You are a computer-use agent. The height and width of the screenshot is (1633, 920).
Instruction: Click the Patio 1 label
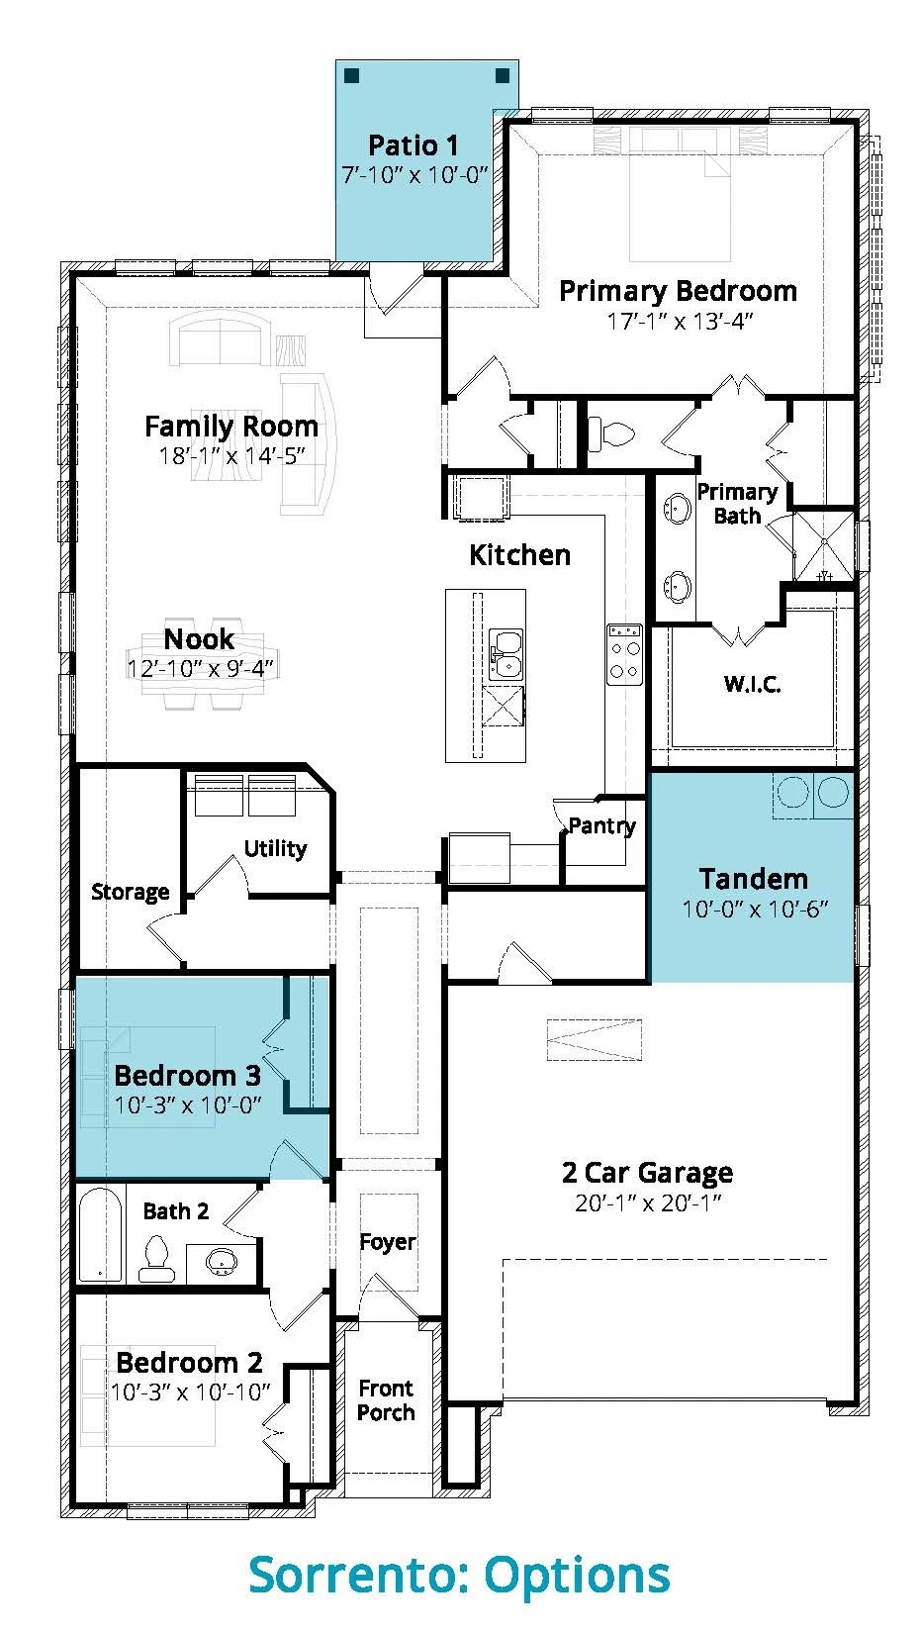pyautogui.click(x=414, y=145)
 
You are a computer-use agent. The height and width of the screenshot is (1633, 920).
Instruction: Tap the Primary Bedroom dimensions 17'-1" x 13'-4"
pyautogui.click(x=680, y=322)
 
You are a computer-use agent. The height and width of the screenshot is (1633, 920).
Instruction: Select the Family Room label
pyautogui.click(x=231, y=427)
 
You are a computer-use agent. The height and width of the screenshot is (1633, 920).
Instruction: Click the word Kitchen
pyautogui.click(x=519, y=555)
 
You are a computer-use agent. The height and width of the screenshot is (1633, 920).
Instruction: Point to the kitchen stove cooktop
pyautogui.click(x=624, y=654)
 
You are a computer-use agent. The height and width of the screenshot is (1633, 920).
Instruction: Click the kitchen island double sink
pyautogui.click(x=506, y=654)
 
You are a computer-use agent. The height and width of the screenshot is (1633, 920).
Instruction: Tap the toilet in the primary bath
pyautogui.click(x=610, y=434)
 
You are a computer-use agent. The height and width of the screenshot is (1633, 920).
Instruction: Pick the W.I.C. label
pyautogui.click(x=753, y=684)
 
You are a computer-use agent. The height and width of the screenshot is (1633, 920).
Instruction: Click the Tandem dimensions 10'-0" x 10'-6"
pyautogui.click(x=755, y=910)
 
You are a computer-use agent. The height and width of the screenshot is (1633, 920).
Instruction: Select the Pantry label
pyautogui.click(x=601, y=826)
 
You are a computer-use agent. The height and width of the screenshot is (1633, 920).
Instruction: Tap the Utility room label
pyautogui.click(x=275, y=848)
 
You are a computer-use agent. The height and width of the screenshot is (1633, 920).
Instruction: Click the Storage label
pyautogui.click(x=131, y=892)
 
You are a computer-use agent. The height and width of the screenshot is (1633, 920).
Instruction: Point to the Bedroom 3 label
pyautogui.click(x=187, y=1075)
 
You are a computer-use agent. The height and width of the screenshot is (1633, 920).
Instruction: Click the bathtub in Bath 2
pyautogui.click(x=100, y=1233)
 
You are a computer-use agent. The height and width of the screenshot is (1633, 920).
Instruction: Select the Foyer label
pyautogui.click(x=388, y=1241)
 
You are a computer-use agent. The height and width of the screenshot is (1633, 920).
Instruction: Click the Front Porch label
pyautogui.click(x=386, y=1399)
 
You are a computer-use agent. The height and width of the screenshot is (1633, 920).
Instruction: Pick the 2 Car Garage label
pyautogui.click(x=648, y=1172)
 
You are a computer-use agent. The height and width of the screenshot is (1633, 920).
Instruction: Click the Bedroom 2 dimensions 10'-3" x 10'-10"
pyautogui.click(x=190, y=1392)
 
